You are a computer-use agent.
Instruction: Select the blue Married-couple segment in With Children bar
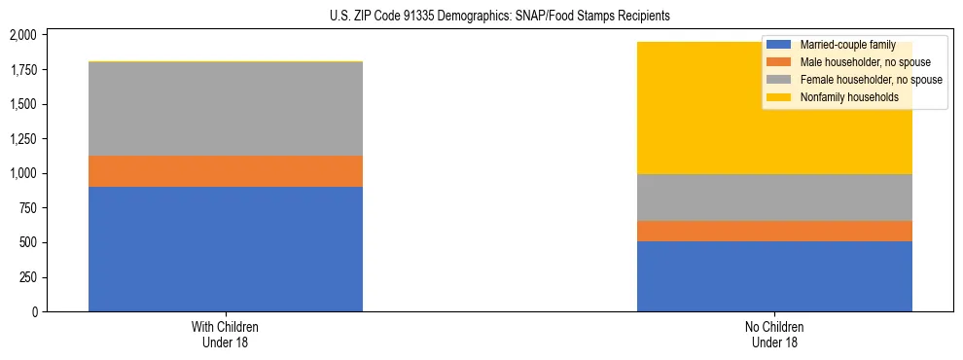click(x=226, y=249)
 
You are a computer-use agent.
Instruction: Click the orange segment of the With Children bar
click(x=226, y=171)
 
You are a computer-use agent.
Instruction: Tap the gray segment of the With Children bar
click(x=226, y=109)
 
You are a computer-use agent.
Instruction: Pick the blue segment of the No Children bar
click(x=774, y=276)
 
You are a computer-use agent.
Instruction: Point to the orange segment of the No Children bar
click(x=774, y=231)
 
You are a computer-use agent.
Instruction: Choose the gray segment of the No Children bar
click(x=774, y=198)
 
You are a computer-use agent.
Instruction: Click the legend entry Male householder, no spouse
click(x=856, y=62)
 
